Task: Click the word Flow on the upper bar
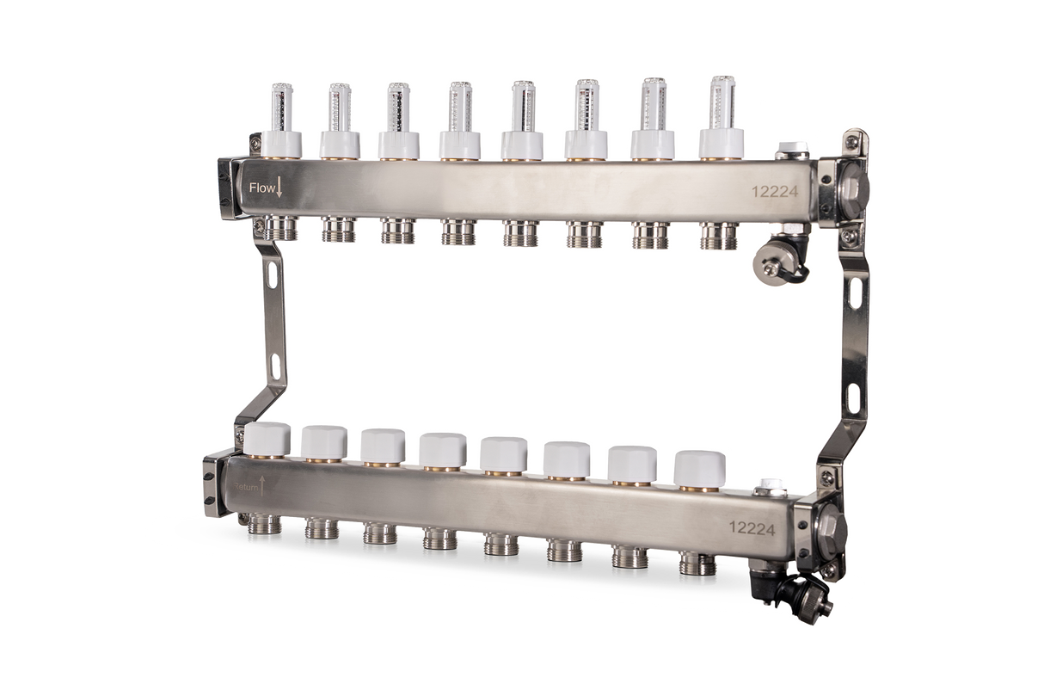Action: click(261, 187)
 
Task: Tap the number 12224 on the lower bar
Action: click(751, 527)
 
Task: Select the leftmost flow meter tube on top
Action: click(282, 108)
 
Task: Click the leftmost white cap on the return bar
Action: click(268, 439)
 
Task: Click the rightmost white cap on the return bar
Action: click(699, 468)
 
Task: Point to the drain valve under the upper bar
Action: click(776, 262)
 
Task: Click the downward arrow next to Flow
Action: click(279, 186)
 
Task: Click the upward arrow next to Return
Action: click(263, 486)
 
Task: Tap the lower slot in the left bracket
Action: click(276, 366)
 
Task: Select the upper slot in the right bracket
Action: click(856, 293)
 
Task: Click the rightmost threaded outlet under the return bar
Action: click(697, 564)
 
